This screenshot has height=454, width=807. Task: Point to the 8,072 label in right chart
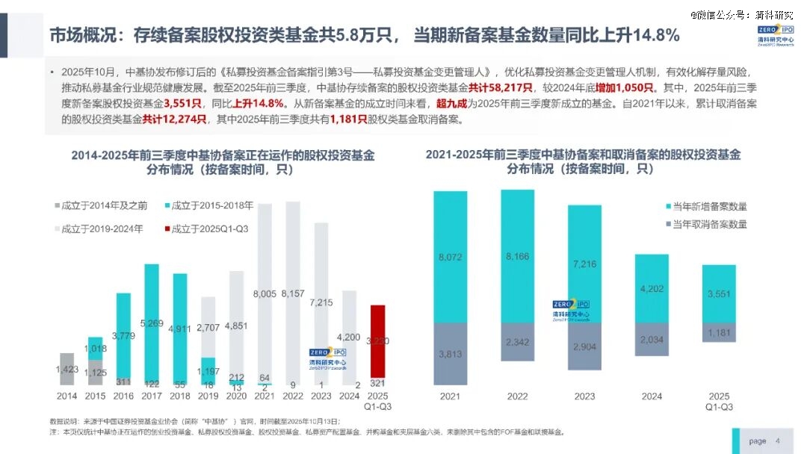[450, 258]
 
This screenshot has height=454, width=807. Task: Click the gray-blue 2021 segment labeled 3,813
[450, 354]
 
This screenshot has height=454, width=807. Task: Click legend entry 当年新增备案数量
[710, 207]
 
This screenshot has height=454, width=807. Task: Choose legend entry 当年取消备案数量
[710, 224]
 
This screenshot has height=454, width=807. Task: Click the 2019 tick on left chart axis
[208, 396]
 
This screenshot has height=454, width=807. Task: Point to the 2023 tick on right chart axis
[584, 396]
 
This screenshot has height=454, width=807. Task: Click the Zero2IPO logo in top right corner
[774, 37]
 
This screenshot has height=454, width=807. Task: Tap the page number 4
[777, 441]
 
